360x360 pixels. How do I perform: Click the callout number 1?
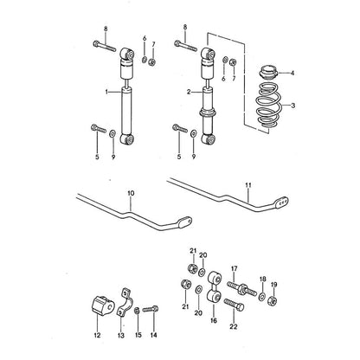click(x=106, y=92)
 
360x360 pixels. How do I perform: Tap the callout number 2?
click(x=189, y=92)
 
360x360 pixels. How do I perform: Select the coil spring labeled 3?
click(x=268, y=106)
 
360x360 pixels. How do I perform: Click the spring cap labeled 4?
click(x=269, y=72)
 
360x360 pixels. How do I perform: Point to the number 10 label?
click(x=131, y=193)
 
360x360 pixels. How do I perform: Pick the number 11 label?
click(x=248, y=185)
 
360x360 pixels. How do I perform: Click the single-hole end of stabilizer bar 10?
click(x=185, y=222)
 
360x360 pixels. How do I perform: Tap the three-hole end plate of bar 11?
click(x=280, y=202)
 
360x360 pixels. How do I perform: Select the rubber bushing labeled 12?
click(x=103, y=306)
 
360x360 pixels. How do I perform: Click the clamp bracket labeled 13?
click(x=125, y=302)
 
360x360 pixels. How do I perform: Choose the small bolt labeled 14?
click(x=151, y=309)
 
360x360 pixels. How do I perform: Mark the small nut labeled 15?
click(x=138, y=311)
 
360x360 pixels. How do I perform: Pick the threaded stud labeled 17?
click(x=241, y=288)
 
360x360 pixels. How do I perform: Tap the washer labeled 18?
click(x=262, y=296)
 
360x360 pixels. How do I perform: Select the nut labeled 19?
click(x=273, y=300)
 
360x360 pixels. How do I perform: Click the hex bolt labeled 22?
click(x=234, y=305)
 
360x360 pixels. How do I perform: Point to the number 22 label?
click(x=234, y=327)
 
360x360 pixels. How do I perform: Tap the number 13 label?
click(x=121, y=335)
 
